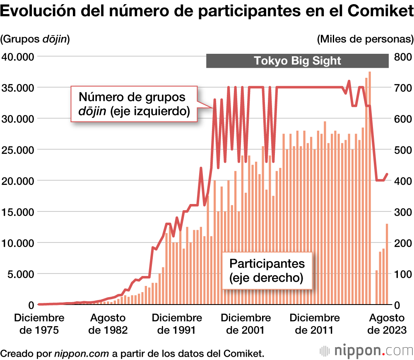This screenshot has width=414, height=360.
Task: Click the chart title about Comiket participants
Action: click(x=207, y=12)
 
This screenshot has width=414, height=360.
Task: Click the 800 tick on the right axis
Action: click(x=402, y=57)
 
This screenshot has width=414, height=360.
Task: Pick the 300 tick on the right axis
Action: click(x=402, y=212)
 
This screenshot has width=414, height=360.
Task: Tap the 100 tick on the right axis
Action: click(x=402, y=274)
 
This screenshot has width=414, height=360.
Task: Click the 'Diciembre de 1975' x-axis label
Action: click(x=39, y=324)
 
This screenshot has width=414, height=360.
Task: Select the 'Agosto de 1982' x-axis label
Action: click(x=108, y=324)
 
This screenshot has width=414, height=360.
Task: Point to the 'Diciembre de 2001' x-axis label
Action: click(x=246, y=324)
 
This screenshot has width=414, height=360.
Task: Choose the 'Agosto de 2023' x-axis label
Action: click(x=387, y=324)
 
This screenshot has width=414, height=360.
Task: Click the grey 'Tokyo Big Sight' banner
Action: click(x=297, y=61)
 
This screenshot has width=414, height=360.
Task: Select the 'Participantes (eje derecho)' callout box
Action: click(x=267, y=270)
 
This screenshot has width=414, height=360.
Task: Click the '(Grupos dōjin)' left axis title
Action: click(x=35, y=39)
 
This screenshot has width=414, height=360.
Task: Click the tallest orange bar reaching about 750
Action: click(x=370, y=186)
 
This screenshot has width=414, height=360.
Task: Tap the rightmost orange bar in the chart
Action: click(x=387, y=265)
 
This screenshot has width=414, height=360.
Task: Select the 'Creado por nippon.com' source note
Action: click(x=132, y=353)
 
